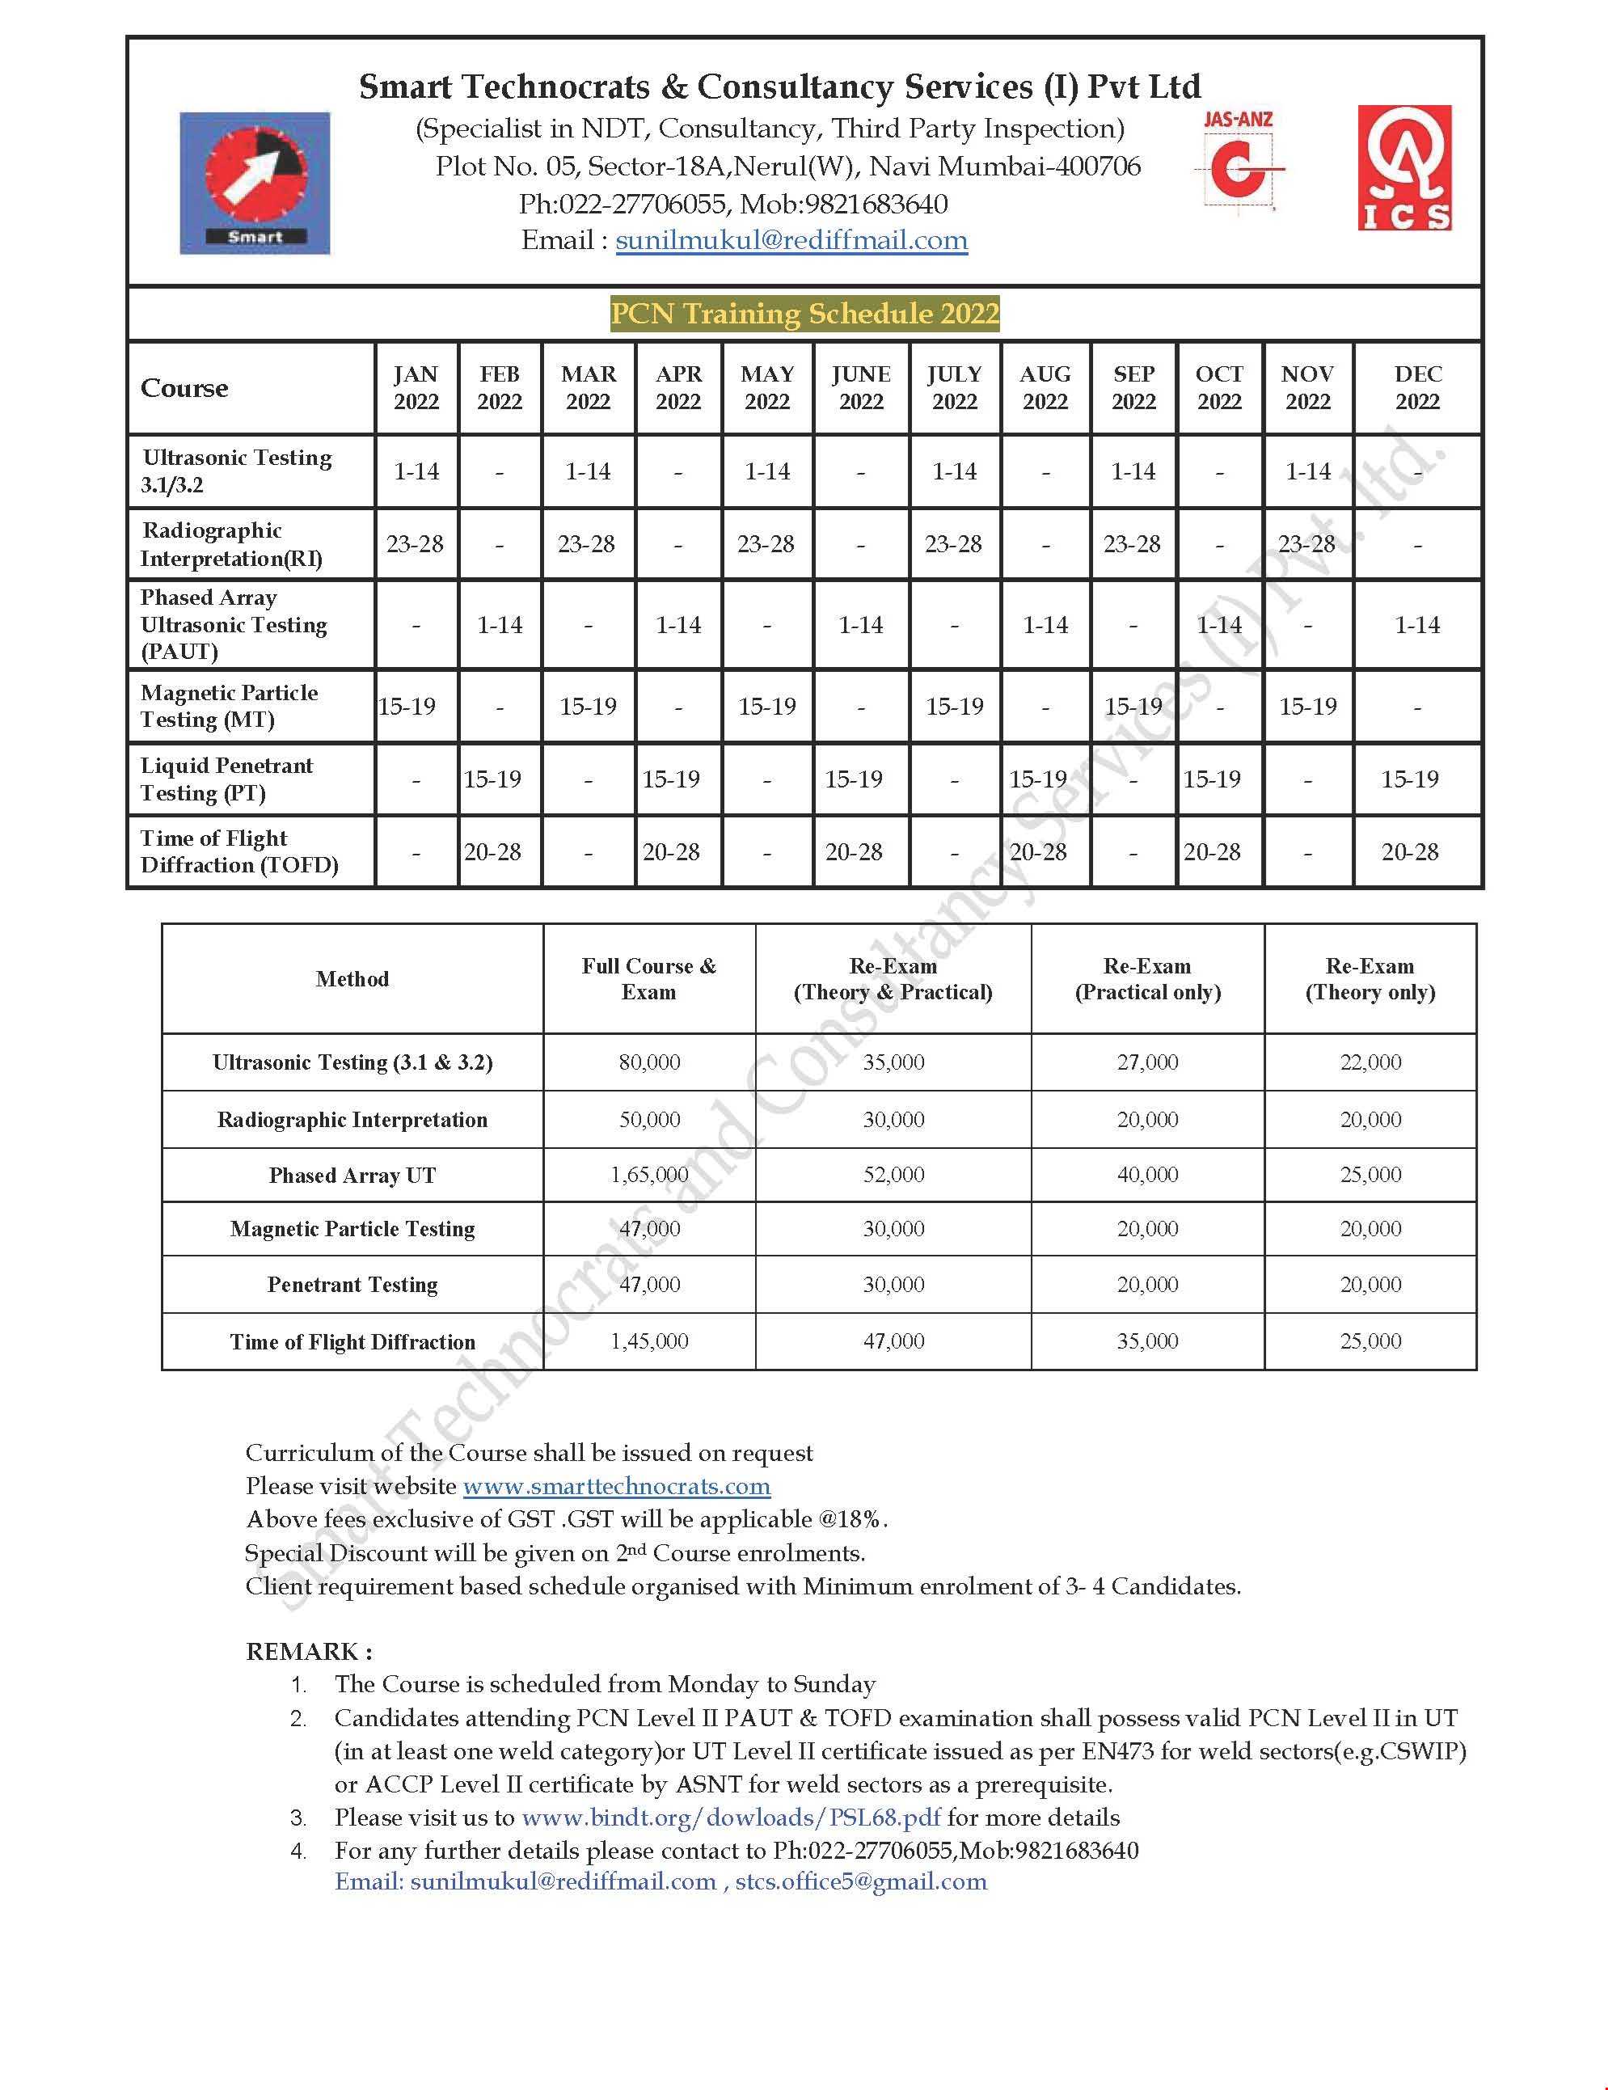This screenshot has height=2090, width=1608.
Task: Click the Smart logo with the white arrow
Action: click(x=255, y=183)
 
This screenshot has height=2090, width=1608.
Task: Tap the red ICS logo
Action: click(x=1404, y=167)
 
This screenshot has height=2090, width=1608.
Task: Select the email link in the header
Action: click(x=791, y=240)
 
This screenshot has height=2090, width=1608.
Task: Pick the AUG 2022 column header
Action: click(x=1045, y=387)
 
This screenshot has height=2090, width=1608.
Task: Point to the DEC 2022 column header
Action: click(x=1417, y=387)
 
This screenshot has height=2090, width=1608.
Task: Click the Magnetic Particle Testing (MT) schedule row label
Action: click(x=229, y=707)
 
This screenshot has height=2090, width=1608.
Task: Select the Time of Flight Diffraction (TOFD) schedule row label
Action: click(x=239, y=851)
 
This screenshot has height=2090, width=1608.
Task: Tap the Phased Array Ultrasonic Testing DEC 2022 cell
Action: click(x=1417, y=625)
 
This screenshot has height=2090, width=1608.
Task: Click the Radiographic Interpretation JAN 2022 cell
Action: click(x=416, y=544)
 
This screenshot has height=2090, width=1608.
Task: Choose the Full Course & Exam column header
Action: click(x=649, y=979)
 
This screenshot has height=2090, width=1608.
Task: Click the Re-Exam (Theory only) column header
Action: click(x=1370, y=979)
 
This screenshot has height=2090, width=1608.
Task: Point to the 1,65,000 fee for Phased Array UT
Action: click(x=649, y=1174)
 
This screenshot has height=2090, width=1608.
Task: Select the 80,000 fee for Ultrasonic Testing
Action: click(x=649, y=1062)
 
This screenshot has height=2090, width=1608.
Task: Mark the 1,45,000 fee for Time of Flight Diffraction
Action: click(x=649, y=1341)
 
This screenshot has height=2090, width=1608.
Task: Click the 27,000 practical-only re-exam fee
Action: click(x=1148, y=1062)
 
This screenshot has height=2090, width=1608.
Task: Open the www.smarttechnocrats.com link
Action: click(x=616, y=1486)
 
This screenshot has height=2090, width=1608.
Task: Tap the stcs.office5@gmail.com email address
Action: click(x=860, y=1881)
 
